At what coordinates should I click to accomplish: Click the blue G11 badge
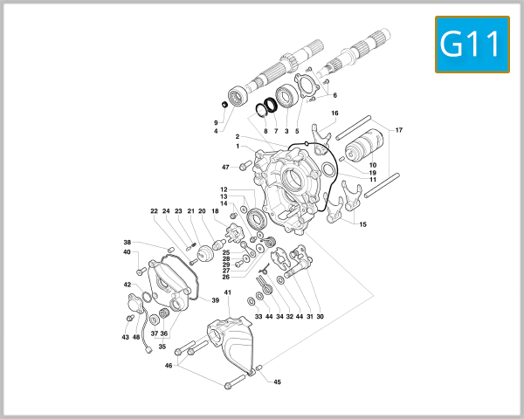coord(472,45)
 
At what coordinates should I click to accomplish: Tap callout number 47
coord(225,167)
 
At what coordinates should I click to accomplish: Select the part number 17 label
coord(399,130)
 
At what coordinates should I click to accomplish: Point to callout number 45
coord(278,381)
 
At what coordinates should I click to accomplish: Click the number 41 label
coord(227,292)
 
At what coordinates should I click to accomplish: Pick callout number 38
coord(127,243)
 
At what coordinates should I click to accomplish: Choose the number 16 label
coord(334,113)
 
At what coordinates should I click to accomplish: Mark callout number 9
coord(216,122)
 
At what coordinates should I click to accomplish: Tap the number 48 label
coord(136,337)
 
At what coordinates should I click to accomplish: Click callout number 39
coord(216,299)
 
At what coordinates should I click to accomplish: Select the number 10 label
coord(372,165)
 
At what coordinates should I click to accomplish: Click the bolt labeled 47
coord(244,166)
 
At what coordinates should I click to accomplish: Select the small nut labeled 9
coord(224,106)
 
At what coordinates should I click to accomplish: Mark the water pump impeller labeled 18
coord(232,232)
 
